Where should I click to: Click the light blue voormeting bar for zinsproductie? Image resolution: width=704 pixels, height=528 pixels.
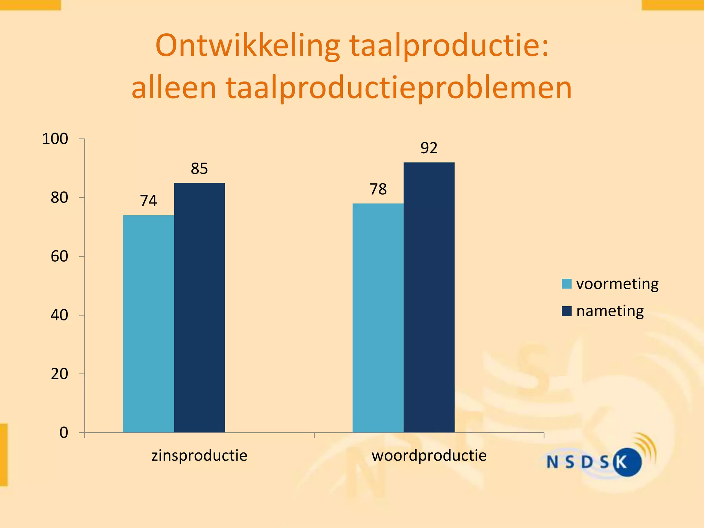pos(148,323)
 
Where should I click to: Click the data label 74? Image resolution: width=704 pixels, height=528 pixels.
pos(148,201)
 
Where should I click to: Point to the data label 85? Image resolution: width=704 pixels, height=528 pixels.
pos(199,169)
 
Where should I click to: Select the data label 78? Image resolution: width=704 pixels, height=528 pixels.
pos(378,189)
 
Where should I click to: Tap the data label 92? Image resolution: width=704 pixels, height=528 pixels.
pos(429,148)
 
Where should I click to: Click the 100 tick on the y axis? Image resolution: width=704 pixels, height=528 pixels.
pos(55,139)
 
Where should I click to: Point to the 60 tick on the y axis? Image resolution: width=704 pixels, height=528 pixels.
pos(59,256)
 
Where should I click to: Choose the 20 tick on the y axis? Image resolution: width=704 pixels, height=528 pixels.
pos(59,374)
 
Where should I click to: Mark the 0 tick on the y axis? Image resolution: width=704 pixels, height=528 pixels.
pos(64,433)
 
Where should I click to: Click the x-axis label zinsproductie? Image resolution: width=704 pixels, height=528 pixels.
pos(199,456)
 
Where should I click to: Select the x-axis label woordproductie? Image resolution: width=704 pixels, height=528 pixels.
pos(429,456)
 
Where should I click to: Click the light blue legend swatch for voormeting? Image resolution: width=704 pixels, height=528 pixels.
pos(566,284)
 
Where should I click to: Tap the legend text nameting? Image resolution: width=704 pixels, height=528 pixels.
pos(610,311)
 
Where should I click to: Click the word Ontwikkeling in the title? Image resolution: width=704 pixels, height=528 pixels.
pos(247,46)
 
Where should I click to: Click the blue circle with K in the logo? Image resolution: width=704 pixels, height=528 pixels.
pos(627,462)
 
